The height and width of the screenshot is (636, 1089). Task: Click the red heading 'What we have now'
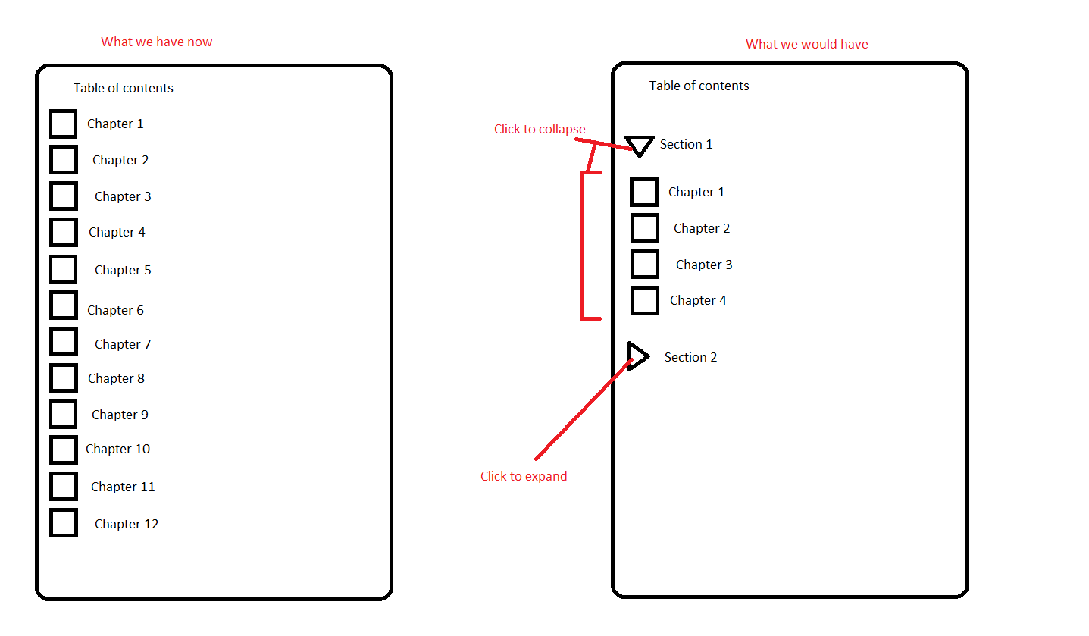point(157,42)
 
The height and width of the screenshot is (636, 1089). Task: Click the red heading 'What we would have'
point(806,44)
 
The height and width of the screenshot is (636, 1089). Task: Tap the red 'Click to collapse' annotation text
point(540,129)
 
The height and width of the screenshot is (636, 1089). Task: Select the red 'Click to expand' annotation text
point(524,476)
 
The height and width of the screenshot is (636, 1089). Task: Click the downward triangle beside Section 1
point(639,145)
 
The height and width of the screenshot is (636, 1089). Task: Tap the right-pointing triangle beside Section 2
point(637,356)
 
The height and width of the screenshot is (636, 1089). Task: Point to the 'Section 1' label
point(686,144)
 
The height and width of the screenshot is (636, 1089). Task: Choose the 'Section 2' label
point(690,357)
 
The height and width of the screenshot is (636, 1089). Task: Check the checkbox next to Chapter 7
point(64,342)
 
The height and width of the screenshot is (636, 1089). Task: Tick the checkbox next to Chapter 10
point(64,450)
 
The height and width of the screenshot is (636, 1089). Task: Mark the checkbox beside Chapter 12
point(64,522)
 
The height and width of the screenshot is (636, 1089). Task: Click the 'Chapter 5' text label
point(123,270)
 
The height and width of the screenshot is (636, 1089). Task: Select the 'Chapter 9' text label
point(120,415)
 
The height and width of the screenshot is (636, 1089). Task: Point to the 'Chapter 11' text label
point(123,487)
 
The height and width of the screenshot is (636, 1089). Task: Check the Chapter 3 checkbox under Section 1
point(645,265)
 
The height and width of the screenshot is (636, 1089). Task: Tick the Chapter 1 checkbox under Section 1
point(644,192)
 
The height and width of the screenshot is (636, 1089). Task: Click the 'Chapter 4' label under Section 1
point(698,300)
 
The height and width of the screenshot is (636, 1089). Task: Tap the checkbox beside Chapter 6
point(64,305)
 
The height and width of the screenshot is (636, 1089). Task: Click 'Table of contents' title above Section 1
point(699,86)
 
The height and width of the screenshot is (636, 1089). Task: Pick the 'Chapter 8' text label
point(116,378)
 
